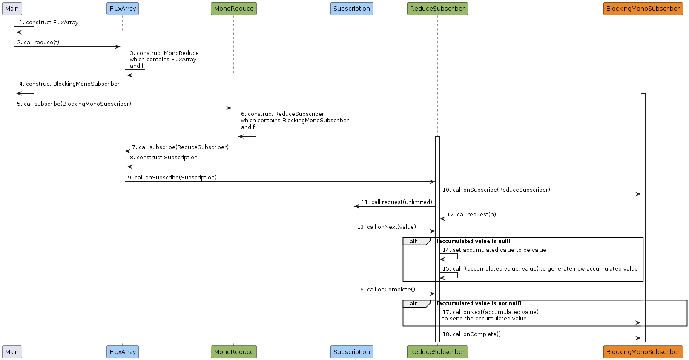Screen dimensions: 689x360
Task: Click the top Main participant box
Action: click(x=12, y=9)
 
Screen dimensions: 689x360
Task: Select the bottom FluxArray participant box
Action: click(x=123, y=352)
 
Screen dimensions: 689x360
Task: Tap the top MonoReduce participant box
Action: click(x=234, y=9)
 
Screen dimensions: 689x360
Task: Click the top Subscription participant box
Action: click(x=352, y=9)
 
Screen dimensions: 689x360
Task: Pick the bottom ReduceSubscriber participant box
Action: click(x=437, y=352)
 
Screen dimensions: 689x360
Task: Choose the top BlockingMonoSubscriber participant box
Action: click(x=643, y=9)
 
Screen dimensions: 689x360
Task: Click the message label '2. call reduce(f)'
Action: click(x=38, y=42)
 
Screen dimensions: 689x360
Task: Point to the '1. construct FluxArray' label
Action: click(x=49, y=23)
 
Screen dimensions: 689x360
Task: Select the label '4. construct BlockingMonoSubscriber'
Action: click(x=69, y=84)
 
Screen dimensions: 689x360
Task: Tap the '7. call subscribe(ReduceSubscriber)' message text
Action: click(x=181, y=147)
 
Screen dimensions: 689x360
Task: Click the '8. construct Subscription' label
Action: click(x=164, y=158)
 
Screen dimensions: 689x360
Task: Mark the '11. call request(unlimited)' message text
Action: click(x=397, y=202)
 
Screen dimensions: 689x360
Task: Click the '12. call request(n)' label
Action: click(x=471, y=214)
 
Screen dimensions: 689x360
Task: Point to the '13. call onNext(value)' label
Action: click(x=386, y=227)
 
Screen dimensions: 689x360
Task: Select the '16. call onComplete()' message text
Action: click(x=386, y=290)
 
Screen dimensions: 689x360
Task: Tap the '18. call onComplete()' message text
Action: click(x=471, y=334)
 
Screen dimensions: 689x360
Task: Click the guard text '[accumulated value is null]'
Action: click(x=474, y=241)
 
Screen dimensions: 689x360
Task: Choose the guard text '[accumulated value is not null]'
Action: click(x=479, y=303)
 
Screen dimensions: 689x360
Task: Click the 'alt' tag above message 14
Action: click(x=413, y=242)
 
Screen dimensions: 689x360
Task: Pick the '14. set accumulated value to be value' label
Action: click(x=494, y=250)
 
